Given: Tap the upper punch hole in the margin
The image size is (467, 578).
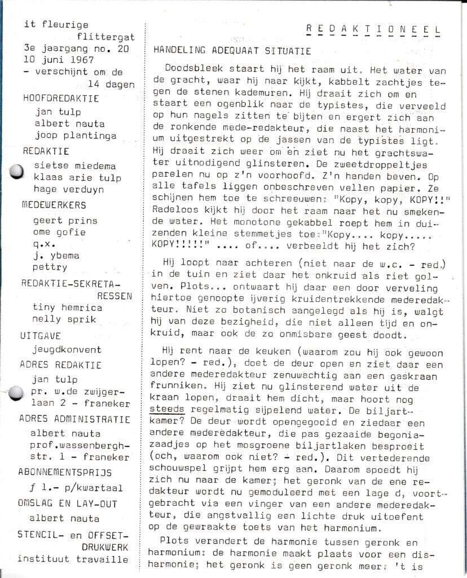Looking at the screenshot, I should tap(17, 170).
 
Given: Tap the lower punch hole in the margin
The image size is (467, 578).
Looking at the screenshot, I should tap(17, 392).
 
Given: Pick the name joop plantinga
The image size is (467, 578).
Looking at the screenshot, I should tap(74, 135).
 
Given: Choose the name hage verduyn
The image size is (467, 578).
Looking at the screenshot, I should tap(69, 190).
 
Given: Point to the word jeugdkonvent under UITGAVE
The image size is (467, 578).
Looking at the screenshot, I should tap(67, 349).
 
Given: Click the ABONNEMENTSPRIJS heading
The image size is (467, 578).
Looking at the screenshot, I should tap(65, 472).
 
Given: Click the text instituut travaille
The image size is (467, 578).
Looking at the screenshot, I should tap(72, 559).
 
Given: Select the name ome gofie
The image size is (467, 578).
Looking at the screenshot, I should tap(59, 232).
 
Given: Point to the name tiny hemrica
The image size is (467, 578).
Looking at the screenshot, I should tap(67, 307).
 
